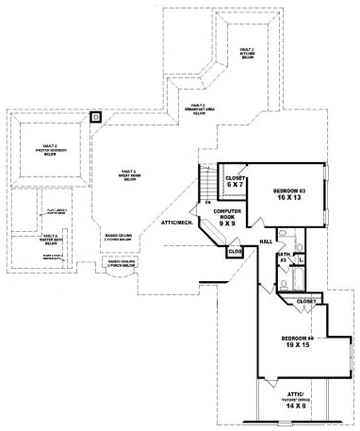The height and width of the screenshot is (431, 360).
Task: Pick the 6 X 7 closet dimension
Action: (236, 185)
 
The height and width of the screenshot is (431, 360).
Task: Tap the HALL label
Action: (267, 241)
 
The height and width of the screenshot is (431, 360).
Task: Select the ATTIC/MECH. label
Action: (178, 223)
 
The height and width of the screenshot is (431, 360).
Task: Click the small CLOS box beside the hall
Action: (235, 252)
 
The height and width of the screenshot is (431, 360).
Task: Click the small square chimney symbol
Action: (94, 118)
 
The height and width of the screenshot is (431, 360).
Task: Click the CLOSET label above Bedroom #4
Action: (306, 302)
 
